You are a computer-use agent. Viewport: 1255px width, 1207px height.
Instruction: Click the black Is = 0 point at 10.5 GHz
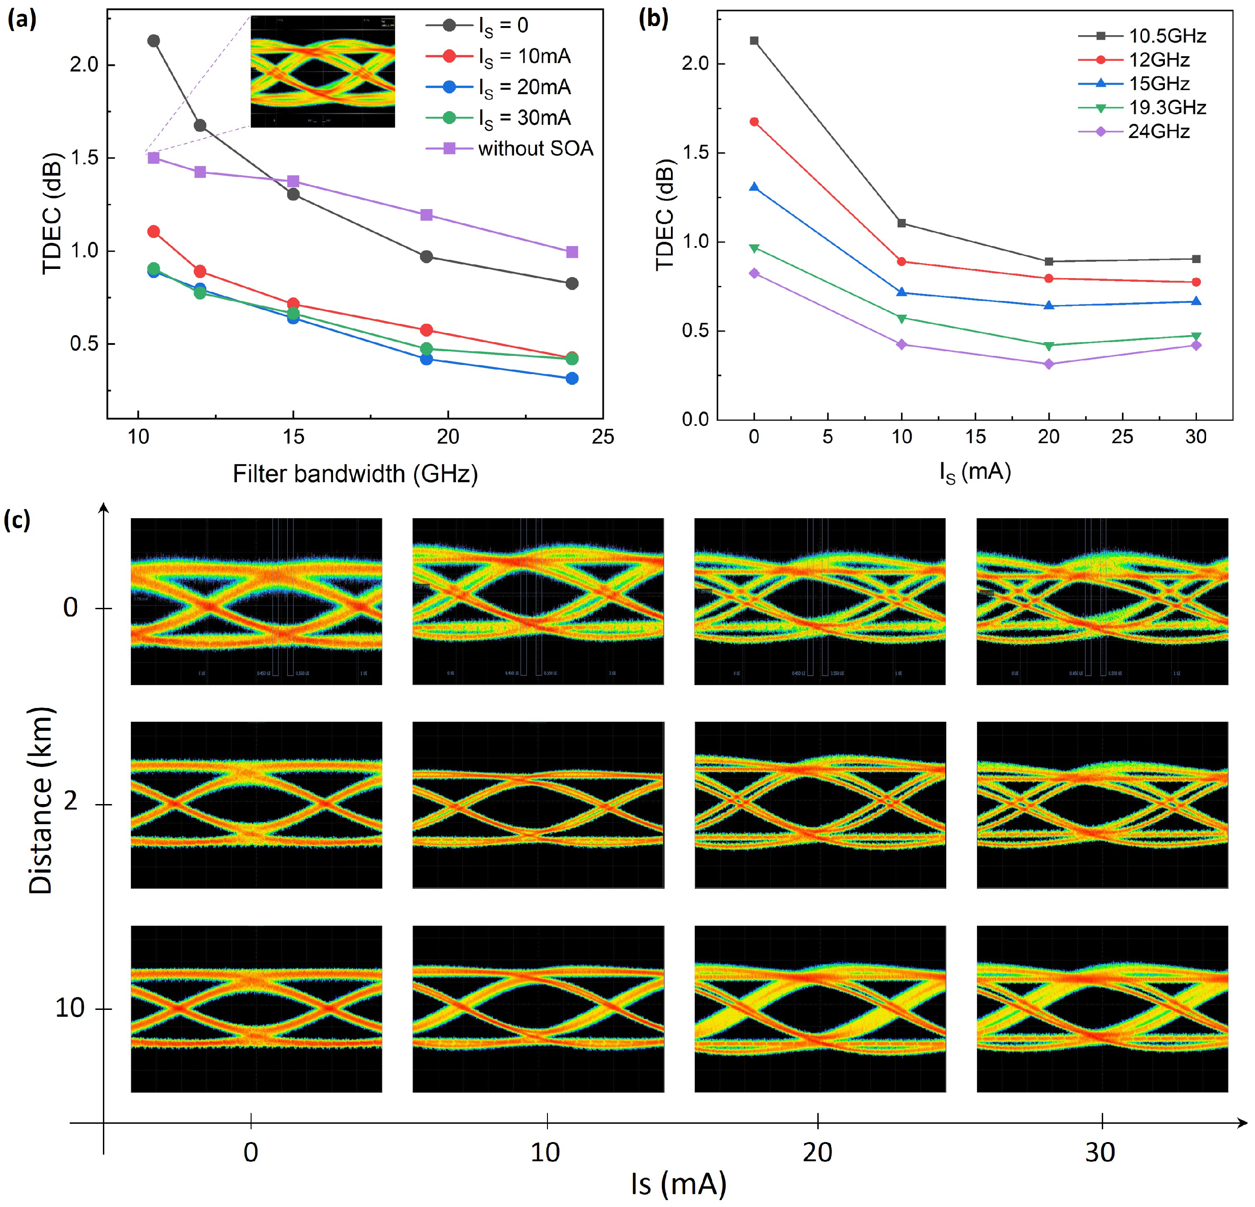pyautogui.click(x=154, y=41)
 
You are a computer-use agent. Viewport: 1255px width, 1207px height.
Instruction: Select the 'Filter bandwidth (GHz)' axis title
pyautogui.click(x=355, y=474)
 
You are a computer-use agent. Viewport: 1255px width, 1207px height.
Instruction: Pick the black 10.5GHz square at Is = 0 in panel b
pyautogui.click(x=754, y=41)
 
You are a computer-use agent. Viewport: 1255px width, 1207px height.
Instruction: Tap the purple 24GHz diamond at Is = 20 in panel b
pyautogui.click(x=1049, y=364)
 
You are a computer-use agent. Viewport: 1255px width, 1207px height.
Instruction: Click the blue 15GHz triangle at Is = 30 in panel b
pyautogui.click(x=1196, y=301)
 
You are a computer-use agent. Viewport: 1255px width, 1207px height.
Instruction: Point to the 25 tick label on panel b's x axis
pyautogui.click(x=1122, y=437)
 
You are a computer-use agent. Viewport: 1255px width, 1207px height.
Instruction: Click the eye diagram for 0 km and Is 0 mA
pyautogui.click(x=256, y=601)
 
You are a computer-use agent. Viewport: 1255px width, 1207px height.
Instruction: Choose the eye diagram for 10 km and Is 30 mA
pyautogui.click(x=1102, y=1009)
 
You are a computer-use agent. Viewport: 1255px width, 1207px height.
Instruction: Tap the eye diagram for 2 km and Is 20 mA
pyautogui.click(x=820, y=805)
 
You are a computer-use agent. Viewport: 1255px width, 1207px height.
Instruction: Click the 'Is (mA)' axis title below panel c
pyautogui.click(x=679, y=1183)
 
